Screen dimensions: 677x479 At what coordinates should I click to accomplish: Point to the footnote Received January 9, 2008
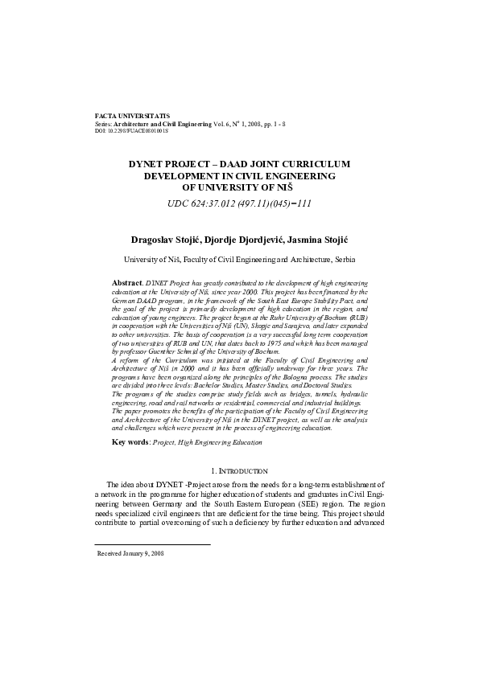130,554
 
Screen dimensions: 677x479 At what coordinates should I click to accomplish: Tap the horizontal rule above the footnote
153,544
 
